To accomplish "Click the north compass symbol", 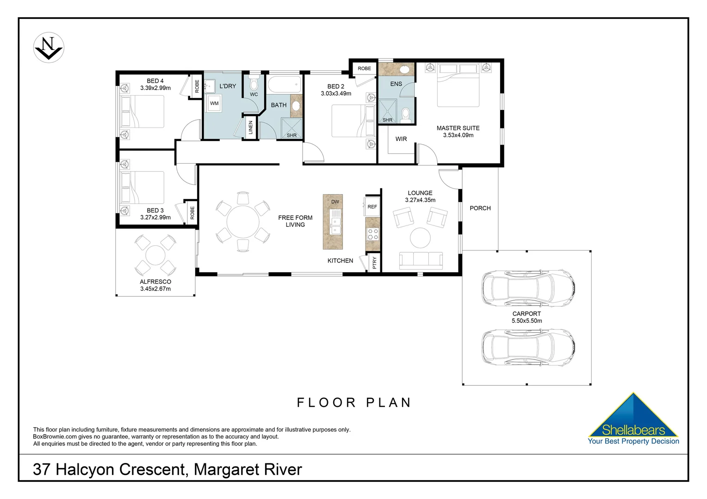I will coord(49,48).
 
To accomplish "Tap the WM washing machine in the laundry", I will coord(214,103).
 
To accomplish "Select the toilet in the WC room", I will coord(254,84).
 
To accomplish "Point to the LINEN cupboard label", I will coord(251,128).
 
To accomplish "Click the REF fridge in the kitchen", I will coord(372,207).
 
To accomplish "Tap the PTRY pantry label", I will coord(374,263).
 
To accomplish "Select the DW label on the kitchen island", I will coord(335,202).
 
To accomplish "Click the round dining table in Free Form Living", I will coord(243,222).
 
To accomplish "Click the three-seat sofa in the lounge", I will coord(421,260).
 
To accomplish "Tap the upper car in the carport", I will coord(528,288).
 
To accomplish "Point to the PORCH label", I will coord(480,208).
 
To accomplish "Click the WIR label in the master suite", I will coord(401,139).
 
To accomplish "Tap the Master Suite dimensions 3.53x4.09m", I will coord(458,135).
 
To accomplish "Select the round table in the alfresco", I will coord(155,255).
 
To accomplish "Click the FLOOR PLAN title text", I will coord(354,402).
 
